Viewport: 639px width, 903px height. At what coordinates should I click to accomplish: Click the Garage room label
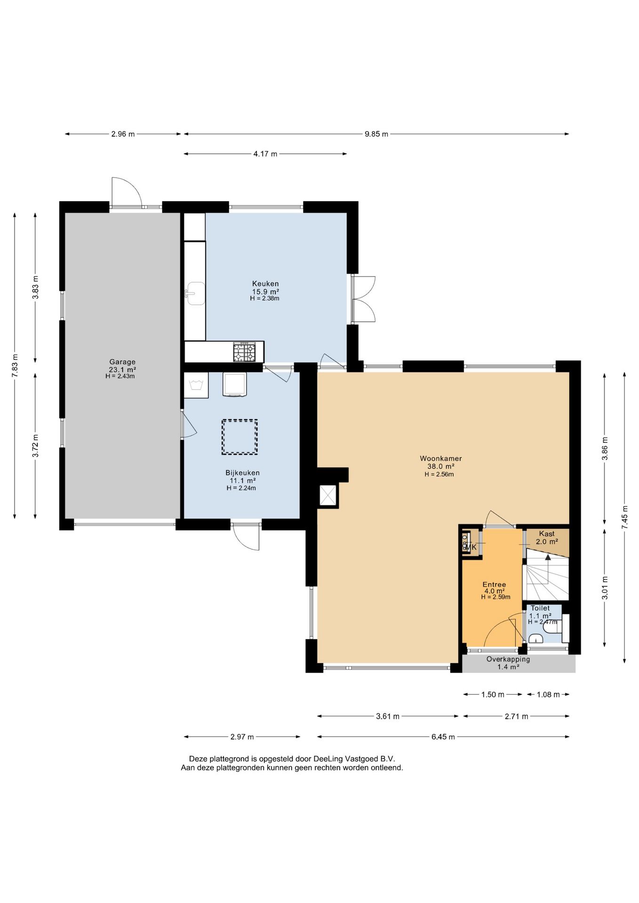[122, 362]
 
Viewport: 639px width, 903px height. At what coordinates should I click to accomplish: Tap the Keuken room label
[265, 284]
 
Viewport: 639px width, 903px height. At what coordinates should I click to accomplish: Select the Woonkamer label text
[441, 458]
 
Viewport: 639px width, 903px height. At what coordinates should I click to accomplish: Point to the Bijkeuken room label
[242, 473]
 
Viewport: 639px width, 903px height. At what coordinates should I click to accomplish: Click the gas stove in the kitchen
[244, 352]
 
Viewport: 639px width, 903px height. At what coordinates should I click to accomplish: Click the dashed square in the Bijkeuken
[240, 437]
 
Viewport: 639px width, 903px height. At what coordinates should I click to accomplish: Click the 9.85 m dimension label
[376, 134]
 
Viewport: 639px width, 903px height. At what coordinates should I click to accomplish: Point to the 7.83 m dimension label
[15, 365]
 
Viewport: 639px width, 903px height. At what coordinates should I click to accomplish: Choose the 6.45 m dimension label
[443, 737]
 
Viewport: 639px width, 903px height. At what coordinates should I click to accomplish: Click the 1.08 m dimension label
[548, 694]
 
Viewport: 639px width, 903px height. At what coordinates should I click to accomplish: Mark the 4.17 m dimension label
[265, 154]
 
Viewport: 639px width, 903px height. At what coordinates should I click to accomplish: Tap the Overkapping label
[508, 659]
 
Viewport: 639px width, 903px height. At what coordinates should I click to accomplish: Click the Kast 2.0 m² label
[547, 538]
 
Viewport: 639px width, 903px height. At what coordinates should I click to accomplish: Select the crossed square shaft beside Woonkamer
[328, 495]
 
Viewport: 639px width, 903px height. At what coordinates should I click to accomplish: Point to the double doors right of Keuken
[363, 299]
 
